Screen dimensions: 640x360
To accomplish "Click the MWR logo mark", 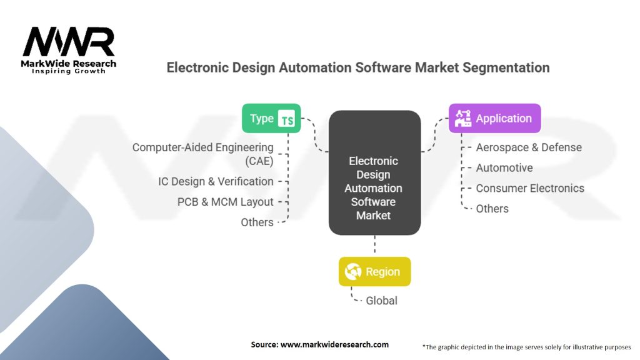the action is pyautogui.click(x=69, y=42).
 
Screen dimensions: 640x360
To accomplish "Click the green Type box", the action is pyautogui.click(x=271, y=118).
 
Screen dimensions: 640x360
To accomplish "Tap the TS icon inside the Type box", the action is pyautogui.click(x=286, y=119).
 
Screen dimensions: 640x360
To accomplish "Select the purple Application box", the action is pyautogui.click(x=495, y=118).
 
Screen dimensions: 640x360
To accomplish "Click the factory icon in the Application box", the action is pyautogui.click(x=463, y=118).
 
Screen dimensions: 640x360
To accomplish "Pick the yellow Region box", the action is pyautogui.click(x=375, y=271).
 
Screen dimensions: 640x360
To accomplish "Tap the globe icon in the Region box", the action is pyautogui.click(x=353, y=271).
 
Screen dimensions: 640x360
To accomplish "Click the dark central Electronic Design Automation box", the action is pyautogui.click(x=375, y=172).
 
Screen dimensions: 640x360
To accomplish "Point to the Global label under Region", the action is pyautogui.click(x=381, y=301).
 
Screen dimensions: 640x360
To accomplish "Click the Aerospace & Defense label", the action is pyautogui.click(x=529, y=147).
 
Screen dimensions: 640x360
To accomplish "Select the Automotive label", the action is pyautogui.click(x=504, y=167).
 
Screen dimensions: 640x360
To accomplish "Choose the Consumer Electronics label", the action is pyautogui.click(x=530, y=188).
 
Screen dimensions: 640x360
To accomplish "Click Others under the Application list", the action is pyautogui.click(x=492, y=209).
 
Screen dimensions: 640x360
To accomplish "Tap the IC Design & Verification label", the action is pyautogui.click(x=216, y=181).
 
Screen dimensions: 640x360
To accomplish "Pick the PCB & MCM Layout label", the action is pyautogui.click(x=225, y=202).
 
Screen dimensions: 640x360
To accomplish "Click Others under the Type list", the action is pyautogui.click(x=257, y=222).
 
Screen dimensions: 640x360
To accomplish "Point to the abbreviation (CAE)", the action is pyautogui.click(x=259, y=161).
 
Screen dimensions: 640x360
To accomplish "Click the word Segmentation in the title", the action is pyautogui.click(x=506, y=67).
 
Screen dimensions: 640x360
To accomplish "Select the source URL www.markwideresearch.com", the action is pyautogui.click(x=334, y=344).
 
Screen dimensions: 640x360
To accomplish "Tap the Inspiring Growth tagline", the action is pyautogui.click(x=69, y=71).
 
